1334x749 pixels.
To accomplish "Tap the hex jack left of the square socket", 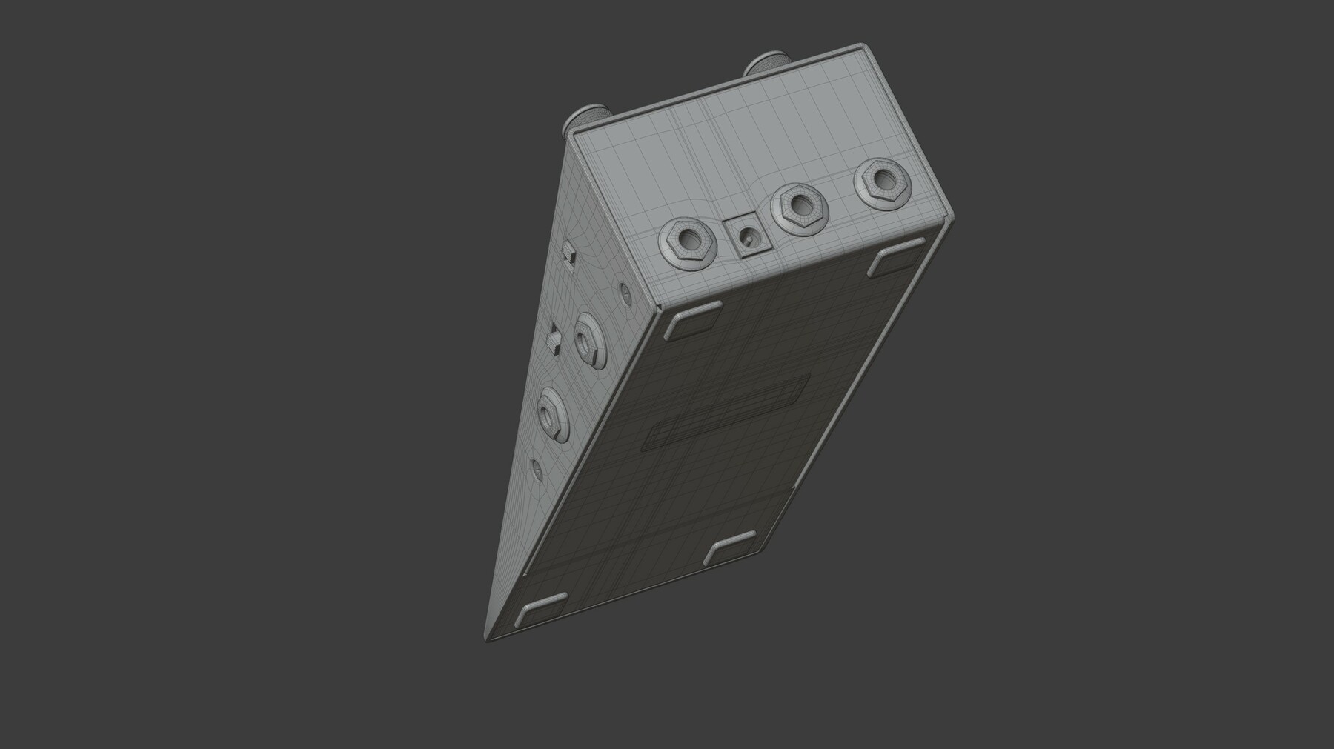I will (686, 243).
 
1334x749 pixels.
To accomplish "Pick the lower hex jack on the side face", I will (550, 413).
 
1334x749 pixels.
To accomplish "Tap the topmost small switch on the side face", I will (569, 252).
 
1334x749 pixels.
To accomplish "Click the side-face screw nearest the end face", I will (625, 293).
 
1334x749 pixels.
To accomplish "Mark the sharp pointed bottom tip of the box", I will (485, 639).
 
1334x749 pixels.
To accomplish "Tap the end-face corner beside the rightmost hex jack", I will (950, 216).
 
